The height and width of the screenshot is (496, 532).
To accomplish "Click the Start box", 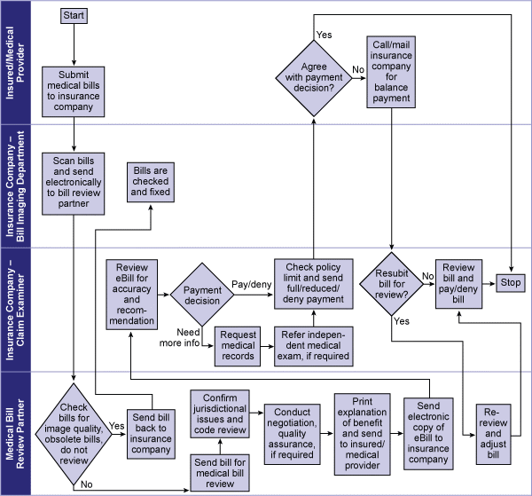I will click(74, 15).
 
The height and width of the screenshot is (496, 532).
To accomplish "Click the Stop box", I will click(510, 283).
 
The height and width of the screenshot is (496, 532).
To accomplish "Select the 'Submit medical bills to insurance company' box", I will click(74, 91).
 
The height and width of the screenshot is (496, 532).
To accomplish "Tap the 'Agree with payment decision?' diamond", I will click(313, 76).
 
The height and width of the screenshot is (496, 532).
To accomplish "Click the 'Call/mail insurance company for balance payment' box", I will click(391, 72).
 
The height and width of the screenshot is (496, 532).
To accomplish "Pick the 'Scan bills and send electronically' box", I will click(74, 184).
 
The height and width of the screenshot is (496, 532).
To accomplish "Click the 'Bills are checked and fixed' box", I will click(150, 182).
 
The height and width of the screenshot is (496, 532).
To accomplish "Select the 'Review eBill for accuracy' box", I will click(132, 294).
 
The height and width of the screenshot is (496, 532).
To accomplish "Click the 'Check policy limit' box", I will click(313, 285).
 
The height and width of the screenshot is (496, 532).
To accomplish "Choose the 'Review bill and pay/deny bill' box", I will click(459, 285).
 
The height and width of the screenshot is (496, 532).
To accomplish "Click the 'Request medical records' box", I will click(239, 345).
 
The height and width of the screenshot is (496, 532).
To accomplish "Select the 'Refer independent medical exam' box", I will click(313, 345).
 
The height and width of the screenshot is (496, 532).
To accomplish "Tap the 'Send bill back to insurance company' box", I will click(151, 432).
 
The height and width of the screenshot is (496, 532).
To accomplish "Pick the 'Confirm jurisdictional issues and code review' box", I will click(219, 413).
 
